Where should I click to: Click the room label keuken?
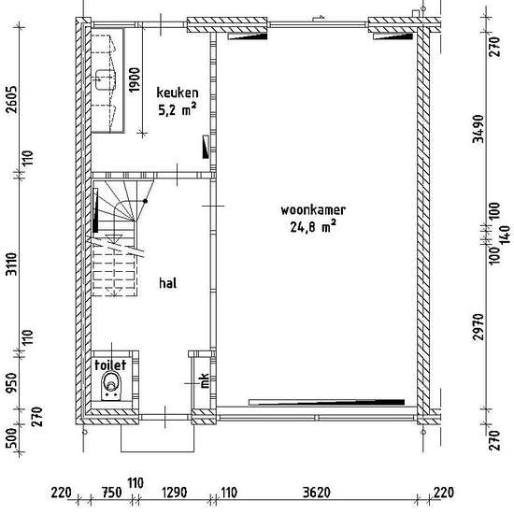[x=178, y=93]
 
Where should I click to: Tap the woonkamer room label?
[x=313, y=209]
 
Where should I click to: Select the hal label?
[x=168, y=283]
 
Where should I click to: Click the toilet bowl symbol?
[x=111, y=385]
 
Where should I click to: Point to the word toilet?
[x=110, y=364]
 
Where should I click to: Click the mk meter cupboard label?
[x=205, y=380]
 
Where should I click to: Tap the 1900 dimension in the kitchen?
[x=134, y=79]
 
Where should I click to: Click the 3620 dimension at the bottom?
[x=316, y=493]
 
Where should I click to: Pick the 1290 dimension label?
[x=175, y=493]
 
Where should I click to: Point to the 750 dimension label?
[x=111, y=493]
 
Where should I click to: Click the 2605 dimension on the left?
[x=12, y=100]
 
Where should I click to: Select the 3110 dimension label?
[x=12, y=264]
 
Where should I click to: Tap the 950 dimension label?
[x=12, y=382]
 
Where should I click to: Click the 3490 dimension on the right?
[x=478, y=129]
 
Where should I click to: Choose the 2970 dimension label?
[x=478, y=327]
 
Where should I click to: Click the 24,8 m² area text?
[x=313, y=226]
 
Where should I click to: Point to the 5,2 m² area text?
[x=178, y=109]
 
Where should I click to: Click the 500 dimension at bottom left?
[x=11, y=437]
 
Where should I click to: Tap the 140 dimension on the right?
[x=506, y=235]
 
